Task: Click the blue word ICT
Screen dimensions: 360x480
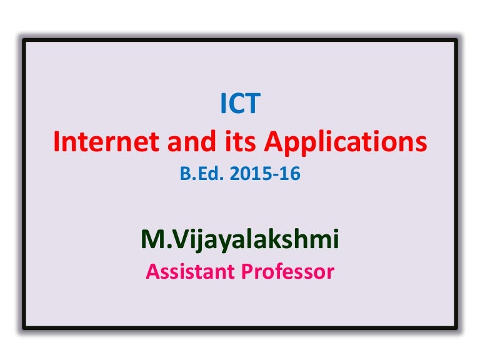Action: pos(240,104)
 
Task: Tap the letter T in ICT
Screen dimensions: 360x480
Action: pos(252,104)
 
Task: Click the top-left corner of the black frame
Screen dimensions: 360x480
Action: pos(24,40)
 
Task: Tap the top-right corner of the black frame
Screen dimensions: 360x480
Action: pos(456,40)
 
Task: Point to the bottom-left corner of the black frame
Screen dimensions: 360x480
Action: pos(24,327)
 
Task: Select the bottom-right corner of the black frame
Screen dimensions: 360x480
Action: pos(456,327)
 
